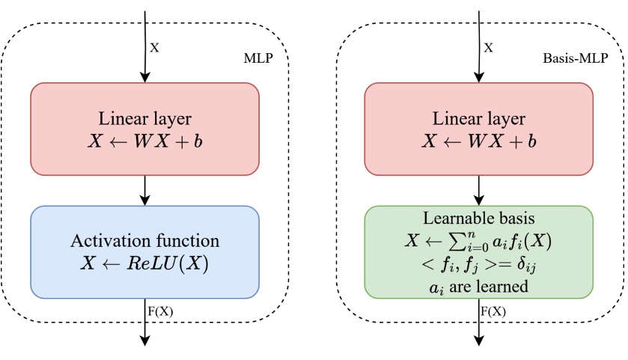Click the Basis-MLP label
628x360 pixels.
tap(585, 57)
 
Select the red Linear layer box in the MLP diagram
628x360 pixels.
tap(144, 129)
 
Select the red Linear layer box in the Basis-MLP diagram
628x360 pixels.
tap(478, 129)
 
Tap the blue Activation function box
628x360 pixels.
tap(144, 251)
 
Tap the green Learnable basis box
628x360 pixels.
tap(478, 251)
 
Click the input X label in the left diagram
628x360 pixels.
tap(155, 46)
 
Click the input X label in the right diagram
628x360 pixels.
tap(489, 46)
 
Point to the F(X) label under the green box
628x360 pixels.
tap(493, 310)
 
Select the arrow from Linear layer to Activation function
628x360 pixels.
tap(144, 190)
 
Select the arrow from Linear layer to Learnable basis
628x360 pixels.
tap(478, 190)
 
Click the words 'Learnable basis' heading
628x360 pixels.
tap(478, 220)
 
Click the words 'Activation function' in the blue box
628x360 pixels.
tap(144, 241)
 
